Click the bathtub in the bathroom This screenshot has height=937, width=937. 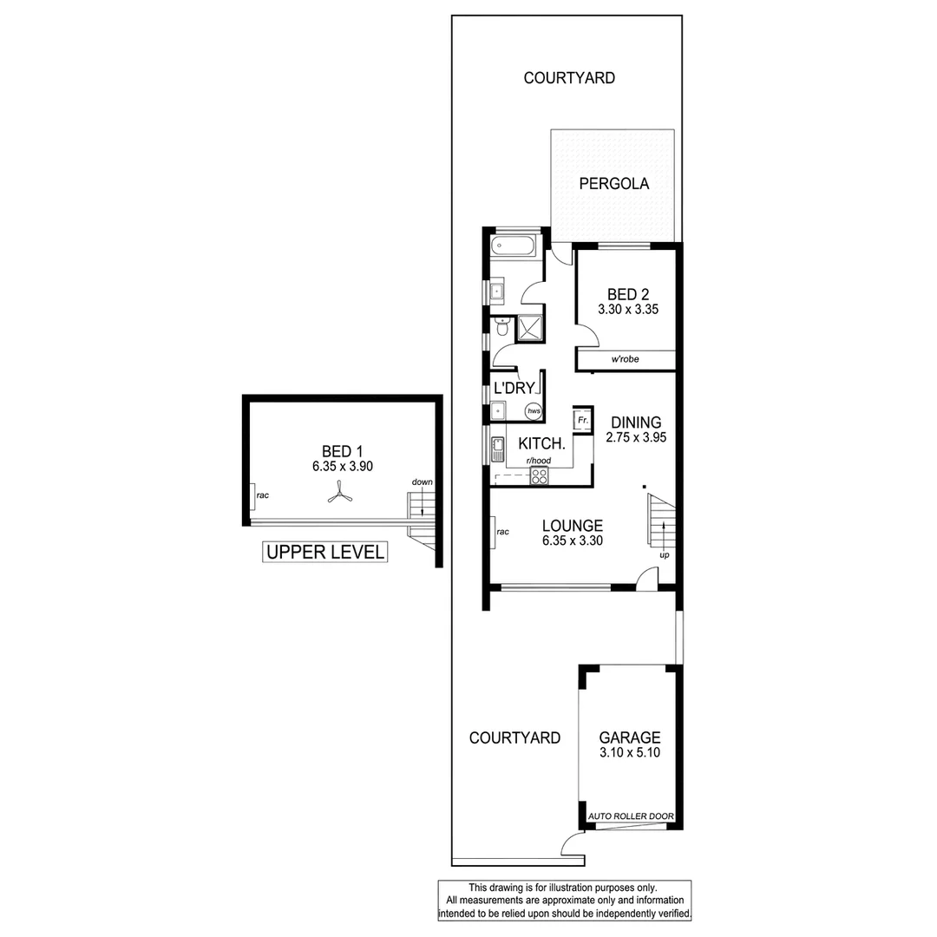pyautogui.click(x=513, y=246)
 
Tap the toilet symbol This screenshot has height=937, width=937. pyautogui.click(x=501, y=326)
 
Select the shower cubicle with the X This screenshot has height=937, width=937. pyautogui.click(x=527, y=327)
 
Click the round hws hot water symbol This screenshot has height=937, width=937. pyautogui.click(x=534, y=411)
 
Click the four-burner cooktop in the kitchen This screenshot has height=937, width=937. pyautogui.click(x=540, y=475)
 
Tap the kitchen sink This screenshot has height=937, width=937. pyautogui.click(x=498, y=449)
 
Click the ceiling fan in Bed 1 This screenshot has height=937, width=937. pyautogui.click(x=337, y=495)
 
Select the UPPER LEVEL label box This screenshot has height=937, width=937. pyautogui.click(x=324, y=552)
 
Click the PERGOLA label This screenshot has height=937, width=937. pyautogui.click(x=614, y=184)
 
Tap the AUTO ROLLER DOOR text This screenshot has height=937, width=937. pyautogui.click(x=631, y=817)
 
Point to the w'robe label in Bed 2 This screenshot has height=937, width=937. pyautogui.click(x=626, y=360)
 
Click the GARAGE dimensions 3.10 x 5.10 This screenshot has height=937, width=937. pyautogui.click(x=630, y=753)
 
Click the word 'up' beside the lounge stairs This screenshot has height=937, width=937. pyautogui.click(x=664, y=554)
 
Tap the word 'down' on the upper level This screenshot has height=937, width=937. pyautogui.click(x=423, y=482)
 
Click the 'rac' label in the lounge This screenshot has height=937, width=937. pyautogui.click(x=502, y=532)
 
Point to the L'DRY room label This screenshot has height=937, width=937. pyautogui.click(x=514, y=389)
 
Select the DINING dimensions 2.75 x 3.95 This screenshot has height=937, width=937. pyautogui.click(x=636, y=438)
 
